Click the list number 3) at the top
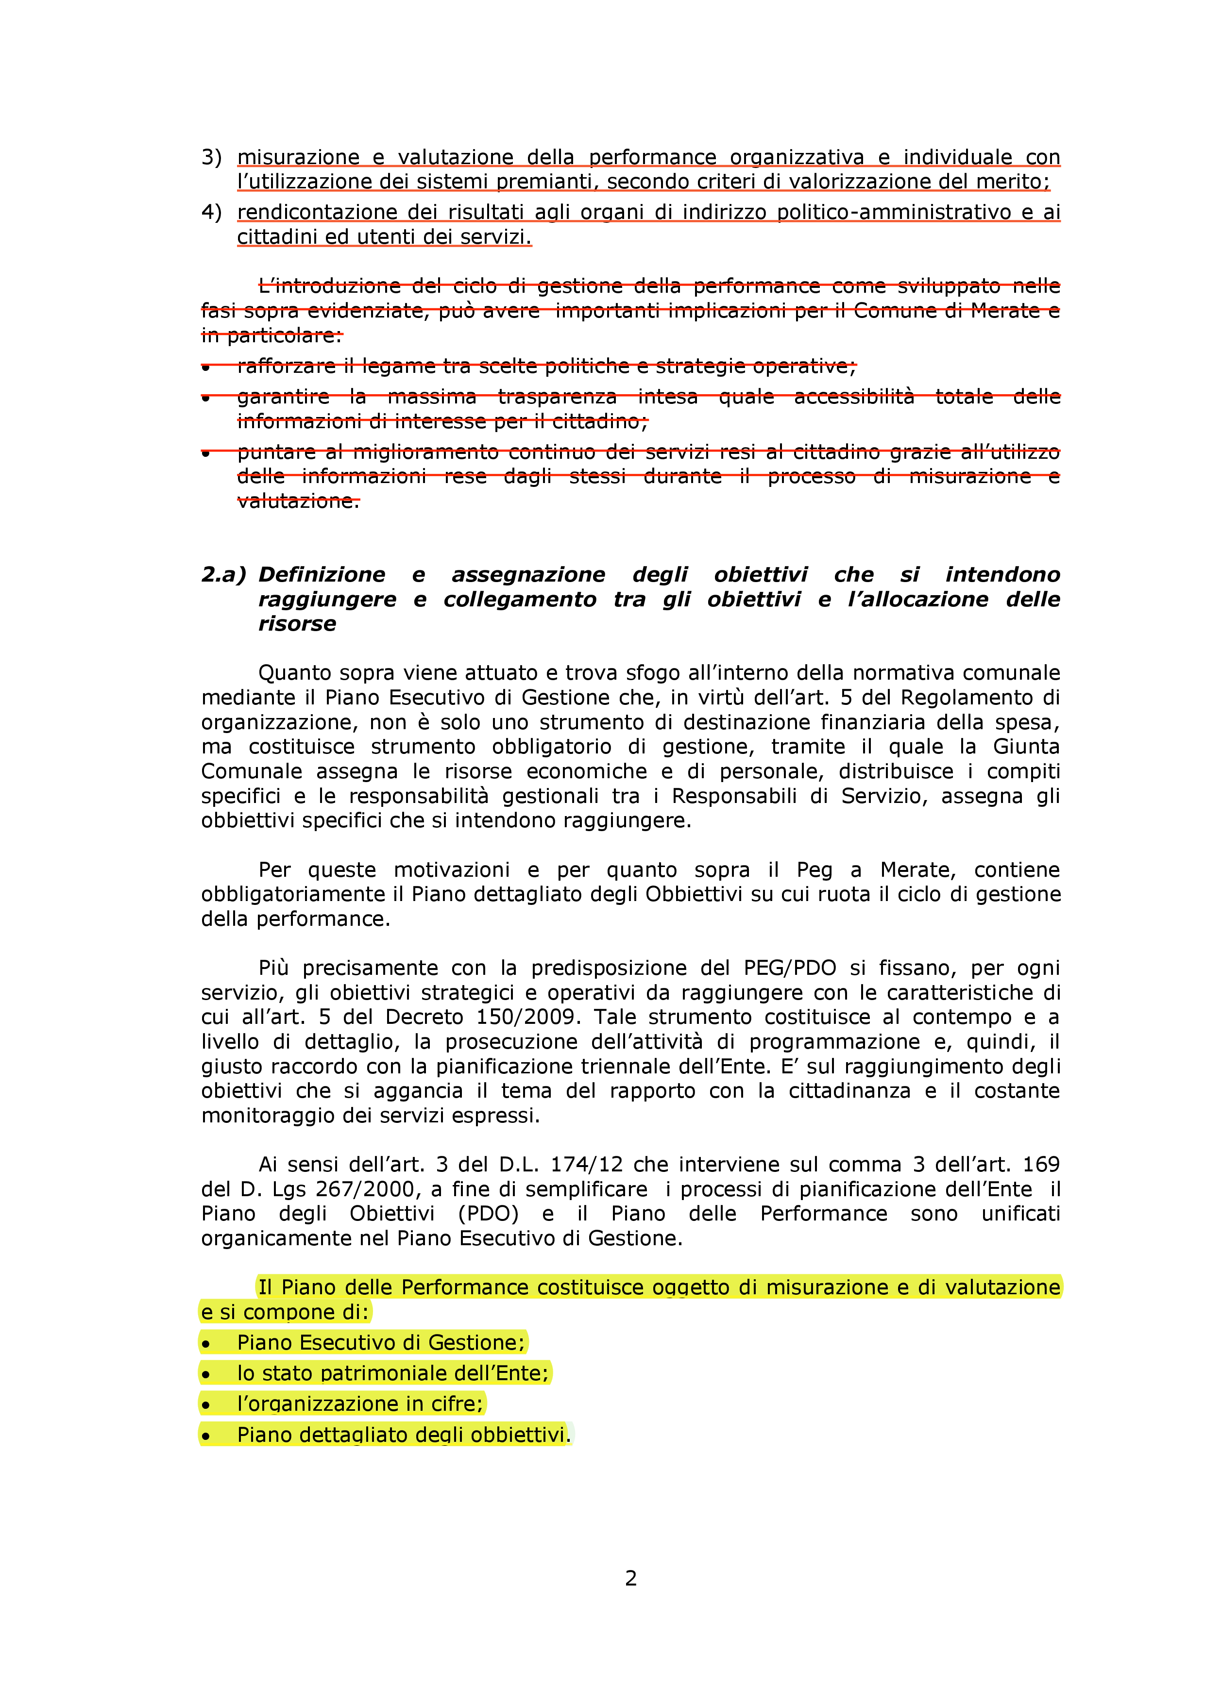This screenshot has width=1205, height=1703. [x=211, y=157]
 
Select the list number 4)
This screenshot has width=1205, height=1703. [x=211, y=212]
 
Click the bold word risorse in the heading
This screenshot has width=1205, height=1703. [x=297, y=624]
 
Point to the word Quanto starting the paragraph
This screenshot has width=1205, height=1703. [x=295, y=673]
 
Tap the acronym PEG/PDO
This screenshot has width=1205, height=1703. [x=789, y=968]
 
